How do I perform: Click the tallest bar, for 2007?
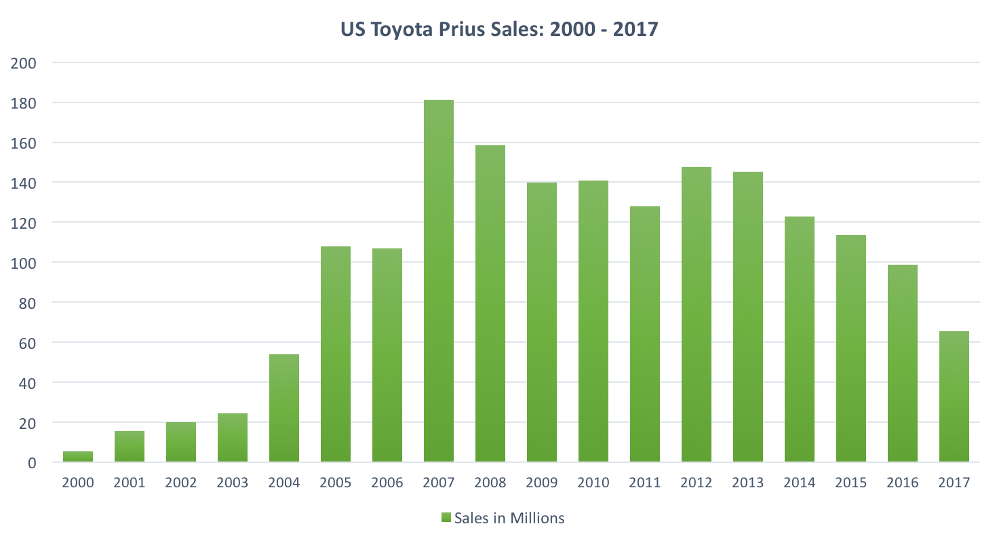[439, 281]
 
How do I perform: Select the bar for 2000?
[78, 457]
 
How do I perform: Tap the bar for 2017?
[954, 396]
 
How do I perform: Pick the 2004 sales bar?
[284, 408]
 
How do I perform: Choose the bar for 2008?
[490, 303]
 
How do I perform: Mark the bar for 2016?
[903, 363]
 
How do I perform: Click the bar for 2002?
[181, 442]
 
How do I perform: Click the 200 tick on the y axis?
[24, 63]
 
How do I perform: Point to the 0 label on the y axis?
[31, 463]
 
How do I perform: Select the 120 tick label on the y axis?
[24, 223]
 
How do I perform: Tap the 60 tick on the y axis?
[27, 343]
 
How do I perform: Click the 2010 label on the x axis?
[593, 483]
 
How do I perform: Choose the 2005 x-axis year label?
[336, 483]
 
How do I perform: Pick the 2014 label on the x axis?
[800, 483]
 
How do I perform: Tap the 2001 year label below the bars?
[130, 483]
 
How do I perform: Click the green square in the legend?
[446, 519]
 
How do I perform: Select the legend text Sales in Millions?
[509, 519]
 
